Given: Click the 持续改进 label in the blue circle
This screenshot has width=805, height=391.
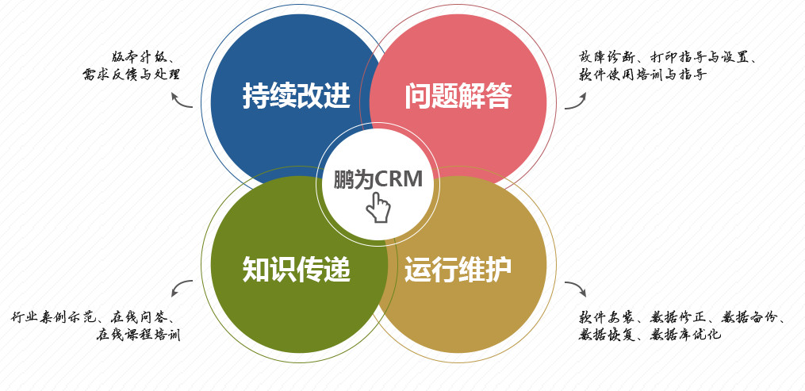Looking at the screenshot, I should [x=296, y=96].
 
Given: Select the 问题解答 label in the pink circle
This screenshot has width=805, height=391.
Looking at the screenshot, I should [x=458, y=96].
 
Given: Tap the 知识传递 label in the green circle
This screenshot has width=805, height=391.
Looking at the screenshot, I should [x=296, y=270].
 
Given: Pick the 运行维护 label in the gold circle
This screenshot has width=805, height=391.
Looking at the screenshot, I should [x=458, y=270].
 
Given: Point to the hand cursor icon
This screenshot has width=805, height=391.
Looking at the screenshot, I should [x=378, y=208].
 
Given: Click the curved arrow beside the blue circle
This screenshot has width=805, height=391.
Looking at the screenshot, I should [x=182, y=99].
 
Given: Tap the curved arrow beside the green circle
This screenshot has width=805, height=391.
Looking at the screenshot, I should [x=182, y=288].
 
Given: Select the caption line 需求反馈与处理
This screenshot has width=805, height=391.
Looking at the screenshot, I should [x=131, y=75].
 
